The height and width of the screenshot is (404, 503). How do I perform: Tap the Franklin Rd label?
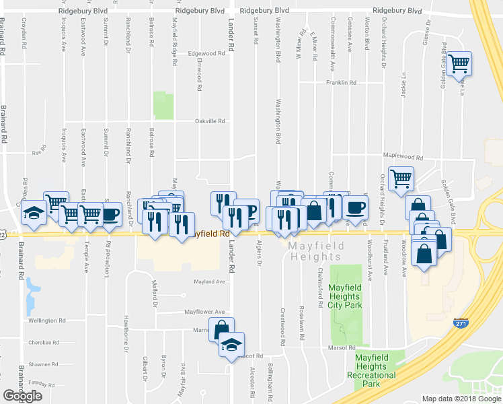[x=340, y=83]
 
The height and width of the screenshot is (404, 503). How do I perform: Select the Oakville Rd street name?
[x=208, y=122]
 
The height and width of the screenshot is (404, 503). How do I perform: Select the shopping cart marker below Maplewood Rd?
[x=401, y=178]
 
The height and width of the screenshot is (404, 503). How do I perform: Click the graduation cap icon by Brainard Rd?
[x=34, y=212]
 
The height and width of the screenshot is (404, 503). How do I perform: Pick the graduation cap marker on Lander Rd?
[x=231, y=345]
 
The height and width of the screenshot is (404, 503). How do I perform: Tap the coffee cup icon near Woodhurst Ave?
[x=356, y=207]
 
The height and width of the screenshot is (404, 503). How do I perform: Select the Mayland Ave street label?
[x=208, y=281]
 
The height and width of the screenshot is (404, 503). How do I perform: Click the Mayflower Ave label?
[x=205, y=312]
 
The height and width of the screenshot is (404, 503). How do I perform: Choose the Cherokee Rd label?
[x=44, y=342]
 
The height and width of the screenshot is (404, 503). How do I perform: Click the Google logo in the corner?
[x=22, y=396]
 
